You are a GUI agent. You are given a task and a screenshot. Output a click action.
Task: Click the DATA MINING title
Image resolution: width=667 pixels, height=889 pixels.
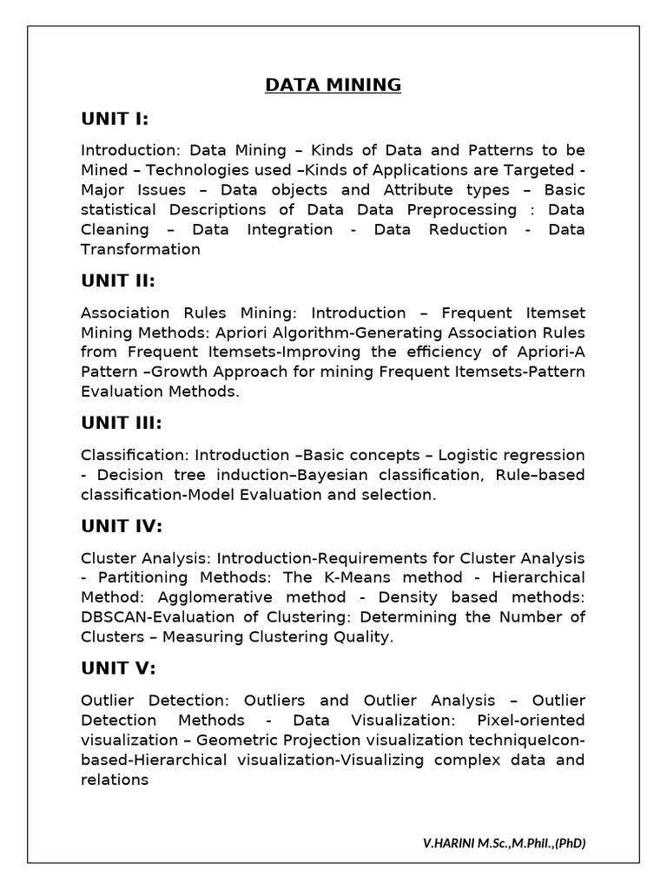click(x=333, y=85)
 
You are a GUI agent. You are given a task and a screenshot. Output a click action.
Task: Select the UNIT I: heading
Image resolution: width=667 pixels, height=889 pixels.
click(x=115, y=118)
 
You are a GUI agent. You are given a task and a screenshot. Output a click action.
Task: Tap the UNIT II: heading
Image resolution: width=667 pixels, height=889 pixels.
click(x=117, y=280)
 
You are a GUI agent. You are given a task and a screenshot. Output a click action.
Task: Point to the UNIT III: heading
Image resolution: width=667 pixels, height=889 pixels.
click(x=122, y=423)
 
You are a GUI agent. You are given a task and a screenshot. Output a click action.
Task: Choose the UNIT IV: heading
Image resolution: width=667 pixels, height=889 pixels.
click(x=122, y=525)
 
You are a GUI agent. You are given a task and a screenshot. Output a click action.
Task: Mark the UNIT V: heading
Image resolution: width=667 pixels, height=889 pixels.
click(x=118, y=668)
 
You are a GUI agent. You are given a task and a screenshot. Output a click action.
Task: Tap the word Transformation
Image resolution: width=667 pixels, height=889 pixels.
click(x=141, y=250)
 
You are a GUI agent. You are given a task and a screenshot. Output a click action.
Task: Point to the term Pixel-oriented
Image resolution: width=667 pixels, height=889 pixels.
click(x=531, y=721)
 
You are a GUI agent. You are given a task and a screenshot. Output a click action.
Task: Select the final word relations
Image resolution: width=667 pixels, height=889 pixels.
click(x=115, y=780)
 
